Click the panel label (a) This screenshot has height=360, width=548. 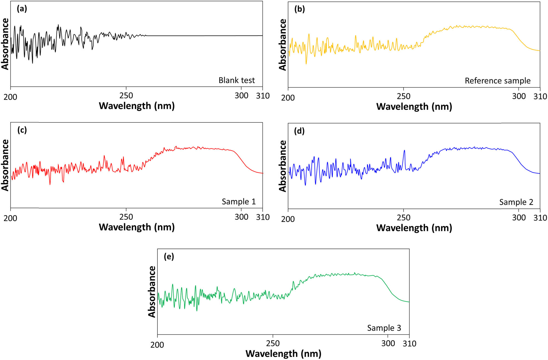[22, 9]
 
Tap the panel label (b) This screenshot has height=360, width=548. [299, 9]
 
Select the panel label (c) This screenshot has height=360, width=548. [22, 130]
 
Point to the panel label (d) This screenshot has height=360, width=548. [299, 131]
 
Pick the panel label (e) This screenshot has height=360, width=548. [169, 257]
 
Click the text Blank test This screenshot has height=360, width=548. [236, 80]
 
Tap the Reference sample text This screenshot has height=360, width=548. [498, 81]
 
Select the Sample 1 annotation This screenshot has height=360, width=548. [239, 202]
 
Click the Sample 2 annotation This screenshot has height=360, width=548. [516, 202]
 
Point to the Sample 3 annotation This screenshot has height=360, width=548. [384, 328]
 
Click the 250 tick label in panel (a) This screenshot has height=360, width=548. [126, 96]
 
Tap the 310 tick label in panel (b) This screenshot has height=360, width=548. [540, 97]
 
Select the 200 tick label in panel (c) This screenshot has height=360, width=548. [10, 218]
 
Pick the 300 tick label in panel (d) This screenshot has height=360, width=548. [519, 218]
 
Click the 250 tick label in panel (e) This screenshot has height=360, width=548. [273, 344]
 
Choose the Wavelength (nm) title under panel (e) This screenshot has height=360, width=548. [283, 354]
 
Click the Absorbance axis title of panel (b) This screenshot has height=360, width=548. [282, 45]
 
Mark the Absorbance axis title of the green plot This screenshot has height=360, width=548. [152, 292]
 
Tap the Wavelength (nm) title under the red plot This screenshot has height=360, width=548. [137, 227]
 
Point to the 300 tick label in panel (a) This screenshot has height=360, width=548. [241, 96]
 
